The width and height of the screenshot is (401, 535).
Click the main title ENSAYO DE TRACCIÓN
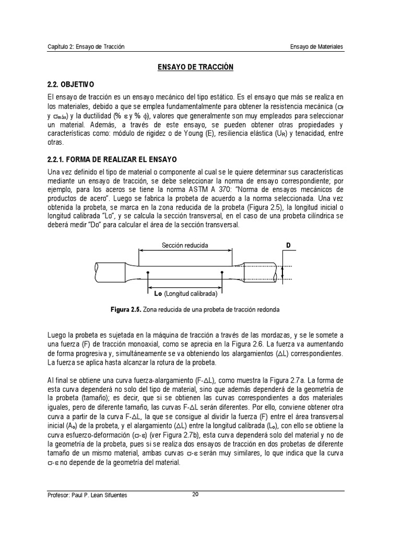[195, 67]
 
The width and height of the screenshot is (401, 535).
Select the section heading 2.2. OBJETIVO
[69, 84]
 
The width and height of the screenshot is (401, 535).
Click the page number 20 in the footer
[195, 496]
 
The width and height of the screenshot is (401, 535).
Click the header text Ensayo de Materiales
[316, 47]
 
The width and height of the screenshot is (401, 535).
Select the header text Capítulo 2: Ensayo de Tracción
[86, 47]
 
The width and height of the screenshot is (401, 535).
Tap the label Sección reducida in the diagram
[185, 245]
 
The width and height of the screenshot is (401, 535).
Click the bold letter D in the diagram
[288, 246]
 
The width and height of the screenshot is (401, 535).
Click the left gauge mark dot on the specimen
[149, 272]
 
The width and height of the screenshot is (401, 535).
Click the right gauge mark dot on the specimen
[223, 272]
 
